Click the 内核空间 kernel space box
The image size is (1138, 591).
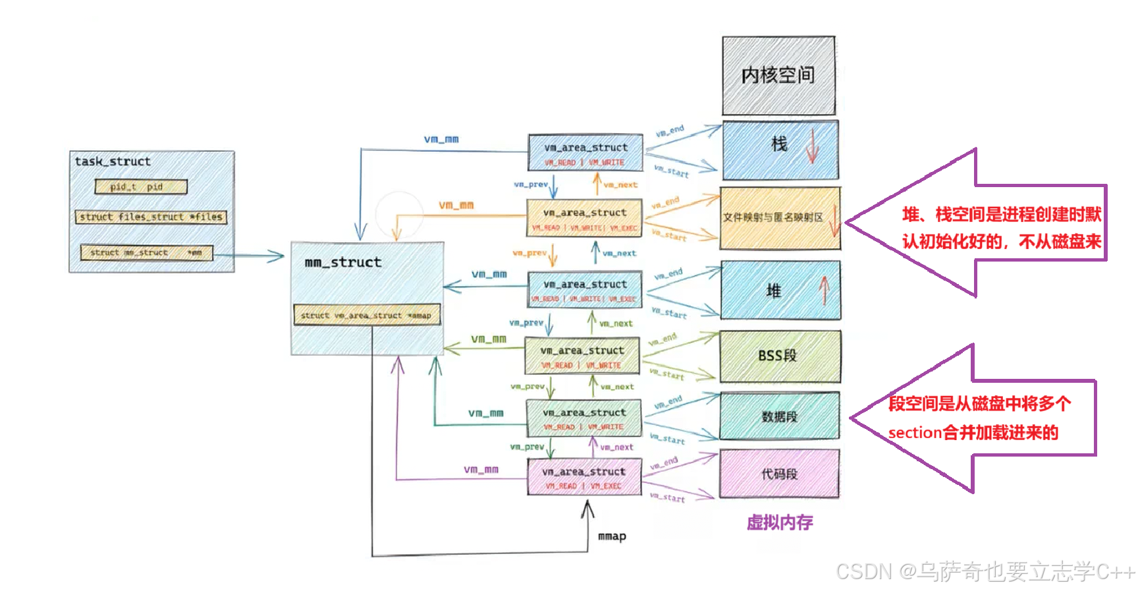click(778, 76)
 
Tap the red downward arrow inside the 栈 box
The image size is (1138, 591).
click(811, 146)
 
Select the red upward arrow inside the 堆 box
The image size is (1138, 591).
click(823, 290)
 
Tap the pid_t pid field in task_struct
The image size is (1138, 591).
click(140, 187)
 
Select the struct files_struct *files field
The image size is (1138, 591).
click(151, 217)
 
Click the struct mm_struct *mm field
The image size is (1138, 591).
click(146, 252)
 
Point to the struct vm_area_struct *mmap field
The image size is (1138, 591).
click(366, 316)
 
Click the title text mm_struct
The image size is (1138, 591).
click(343, 262)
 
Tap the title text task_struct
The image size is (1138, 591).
click(113, 161)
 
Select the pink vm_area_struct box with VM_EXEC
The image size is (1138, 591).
click(584, 478)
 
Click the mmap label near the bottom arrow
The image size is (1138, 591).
click(612, 536)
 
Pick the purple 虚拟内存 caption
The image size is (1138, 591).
click(780, 522)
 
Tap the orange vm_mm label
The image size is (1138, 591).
click(456, 205)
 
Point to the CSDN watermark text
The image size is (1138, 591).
click(984, 571)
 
